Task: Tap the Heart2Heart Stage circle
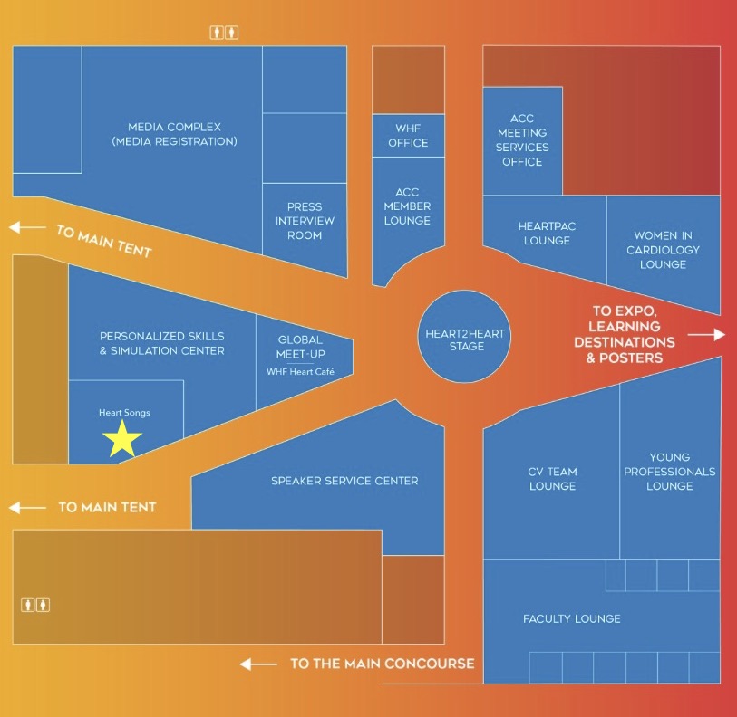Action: pos(465,334)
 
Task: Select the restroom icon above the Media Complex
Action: pos(224,33)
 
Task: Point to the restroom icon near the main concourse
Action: pos(36,605)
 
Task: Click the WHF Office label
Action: pos(408,136)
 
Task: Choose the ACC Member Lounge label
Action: pos(407,206)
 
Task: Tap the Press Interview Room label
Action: pos(305,221)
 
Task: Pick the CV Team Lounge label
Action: pos(552,479)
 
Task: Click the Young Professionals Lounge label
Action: pos(670,472)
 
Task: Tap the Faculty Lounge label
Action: pos(572,619)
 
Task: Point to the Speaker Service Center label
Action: pos(344,481)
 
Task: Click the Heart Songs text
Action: pos(124,413)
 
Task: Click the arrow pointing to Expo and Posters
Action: pos(706,335)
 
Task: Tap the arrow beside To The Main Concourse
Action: pos(258,664)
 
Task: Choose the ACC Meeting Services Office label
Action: pos(522,140)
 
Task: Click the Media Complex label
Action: pos(174,134)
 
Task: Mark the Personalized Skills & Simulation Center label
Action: pos(162,343)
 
